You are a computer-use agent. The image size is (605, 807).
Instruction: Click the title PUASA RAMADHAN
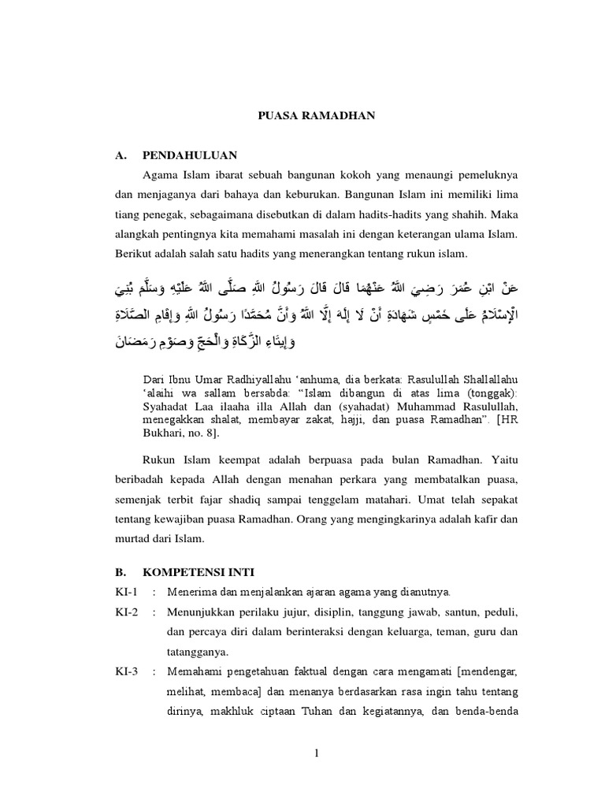click(x=317, y=116)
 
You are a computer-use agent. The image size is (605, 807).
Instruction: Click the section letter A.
click(x=121, y=154)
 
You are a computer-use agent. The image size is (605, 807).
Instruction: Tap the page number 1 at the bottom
click(x=317, y=753)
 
